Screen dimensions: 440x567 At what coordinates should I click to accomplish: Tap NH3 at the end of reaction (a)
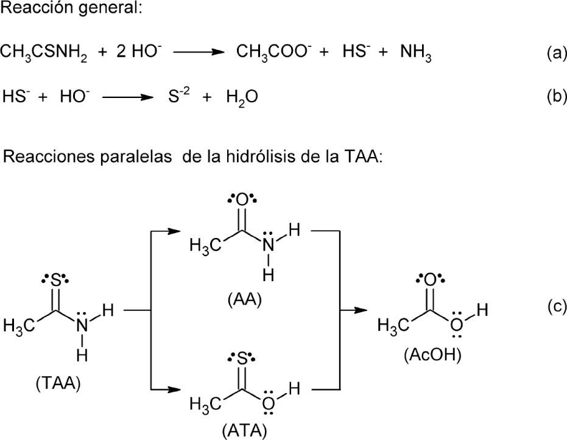point(416,53)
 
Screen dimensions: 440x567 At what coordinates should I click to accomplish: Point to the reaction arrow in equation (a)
point(195,53)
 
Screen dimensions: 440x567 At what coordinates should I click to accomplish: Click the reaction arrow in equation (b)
point(125,96)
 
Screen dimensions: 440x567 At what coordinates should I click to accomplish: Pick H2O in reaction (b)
point(239,97)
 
